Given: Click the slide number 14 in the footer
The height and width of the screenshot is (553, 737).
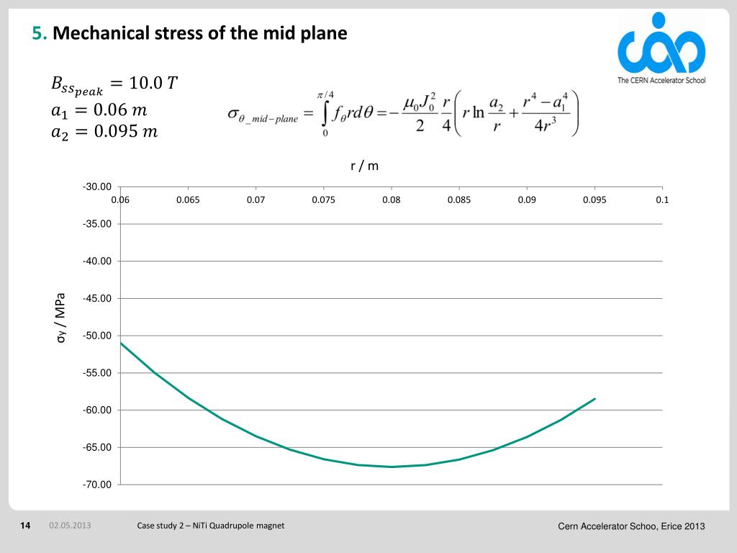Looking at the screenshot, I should [25, 526].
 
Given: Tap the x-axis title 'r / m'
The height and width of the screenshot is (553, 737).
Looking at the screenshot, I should [364, 166].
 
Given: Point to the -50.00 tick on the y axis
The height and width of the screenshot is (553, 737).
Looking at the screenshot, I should [97, 336].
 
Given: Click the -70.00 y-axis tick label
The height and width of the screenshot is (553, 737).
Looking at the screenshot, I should [97, 485].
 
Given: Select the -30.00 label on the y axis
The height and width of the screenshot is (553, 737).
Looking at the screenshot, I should [97, 187].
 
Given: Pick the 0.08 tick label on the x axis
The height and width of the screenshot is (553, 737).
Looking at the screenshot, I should [391, 199].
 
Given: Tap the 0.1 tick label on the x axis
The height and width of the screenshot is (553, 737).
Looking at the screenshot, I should [662, 199].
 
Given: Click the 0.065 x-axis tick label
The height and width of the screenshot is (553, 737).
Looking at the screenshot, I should [188, 199].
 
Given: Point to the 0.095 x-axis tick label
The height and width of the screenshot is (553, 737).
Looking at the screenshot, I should [594, 199].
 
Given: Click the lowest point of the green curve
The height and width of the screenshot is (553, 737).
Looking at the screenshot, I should [391, 467].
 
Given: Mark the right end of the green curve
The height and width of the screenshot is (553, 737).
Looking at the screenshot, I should [595, 399].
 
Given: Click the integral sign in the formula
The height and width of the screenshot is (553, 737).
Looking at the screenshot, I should [326, 114].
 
